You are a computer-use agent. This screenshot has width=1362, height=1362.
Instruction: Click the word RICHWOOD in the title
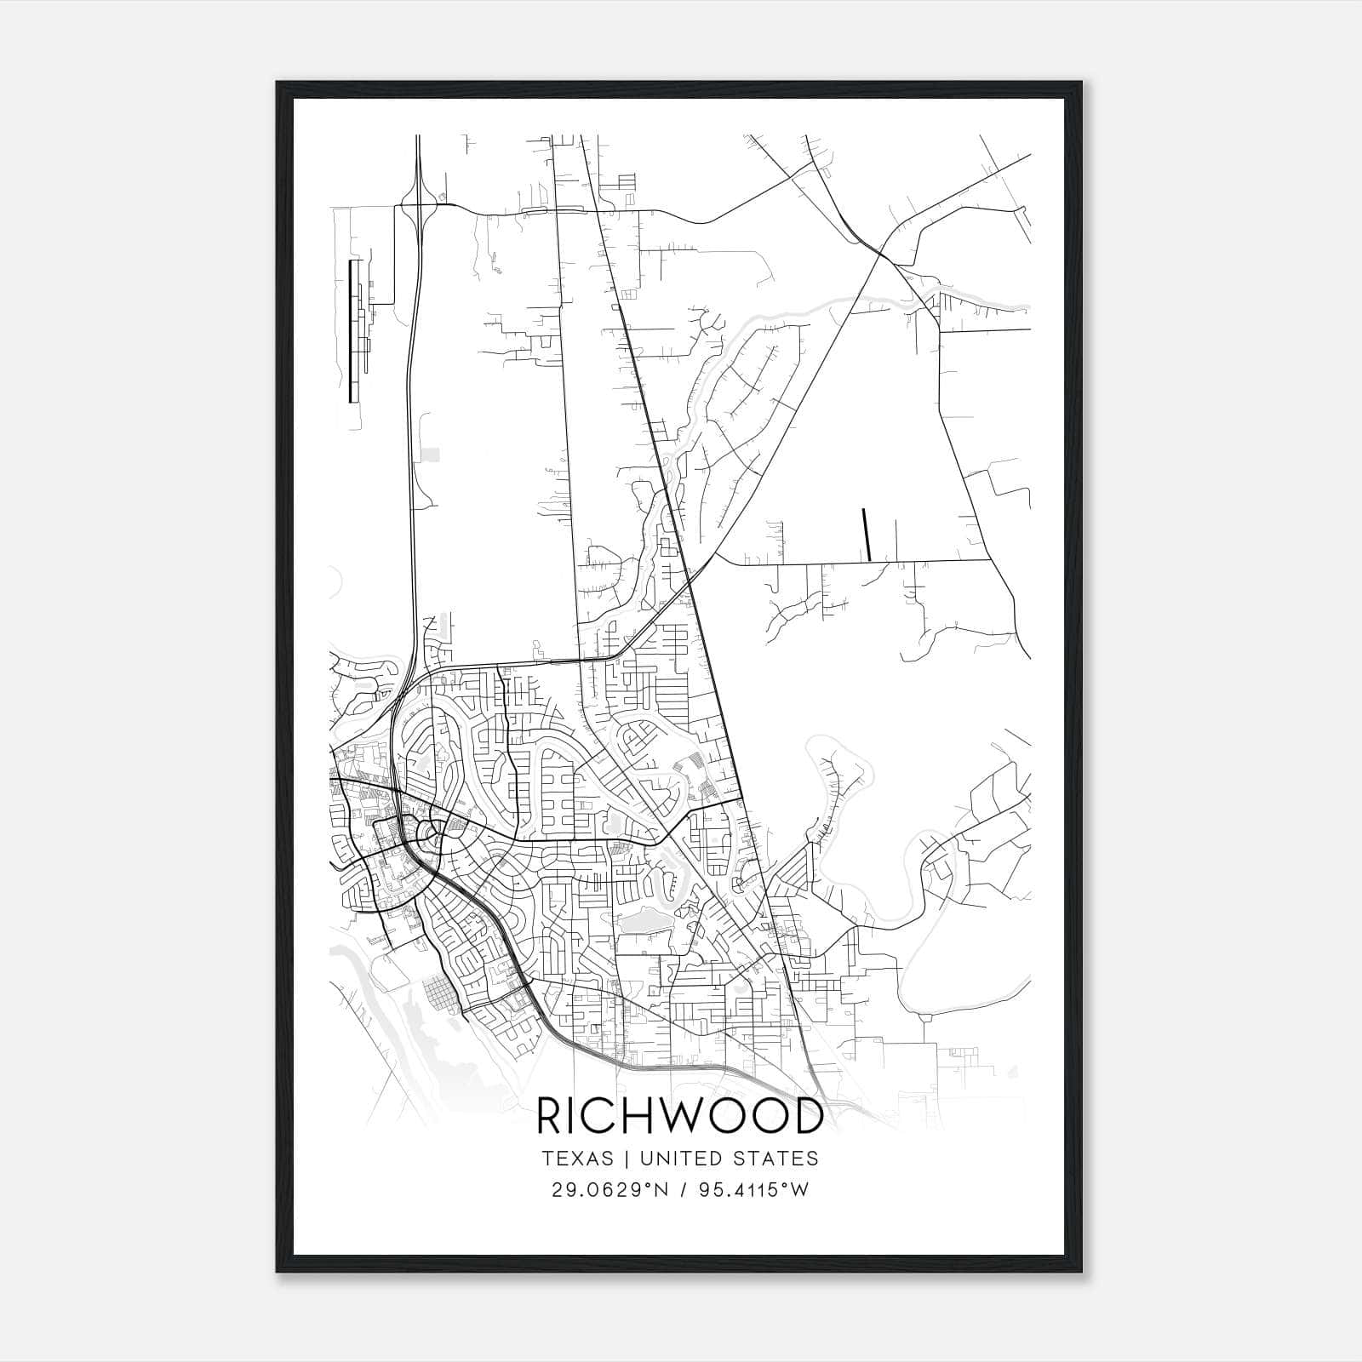coord(679,1116)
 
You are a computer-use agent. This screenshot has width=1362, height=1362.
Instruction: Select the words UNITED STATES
coord(728,1159)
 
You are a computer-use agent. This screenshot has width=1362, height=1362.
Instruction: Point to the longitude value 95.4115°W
coord(753,1190)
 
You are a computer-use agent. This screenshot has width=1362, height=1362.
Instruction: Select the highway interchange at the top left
coord(420,204)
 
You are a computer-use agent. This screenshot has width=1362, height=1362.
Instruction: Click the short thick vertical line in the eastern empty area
coord(867,534)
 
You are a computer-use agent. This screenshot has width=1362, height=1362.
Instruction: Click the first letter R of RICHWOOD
coord(550,1116)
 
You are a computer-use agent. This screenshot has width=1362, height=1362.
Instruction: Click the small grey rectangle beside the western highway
coord(431,455)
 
